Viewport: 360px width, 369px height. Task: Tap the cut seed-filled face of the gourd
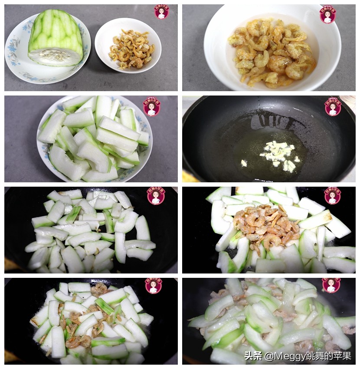point(55,56)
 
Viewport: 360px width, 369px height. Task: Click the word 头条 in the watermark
point(253,356)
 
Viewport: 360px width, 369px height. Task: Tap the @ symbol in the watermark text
point(269,356)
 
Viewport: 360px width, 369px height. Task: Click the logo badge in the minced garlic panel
point(333,106)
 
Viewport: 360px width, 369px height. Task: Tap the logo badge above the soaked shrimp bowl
point(327,14)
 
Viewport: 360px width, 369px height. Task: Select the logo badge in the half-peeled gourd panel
point(162,12)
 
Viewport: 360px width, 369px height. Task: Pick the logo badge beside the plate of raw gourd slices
point(152,106)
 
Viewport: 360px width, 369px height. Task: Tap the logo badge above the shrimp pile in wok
point(332,196)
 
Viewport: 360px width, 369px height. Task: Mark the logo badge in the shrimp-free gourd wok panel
point(156,196)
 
